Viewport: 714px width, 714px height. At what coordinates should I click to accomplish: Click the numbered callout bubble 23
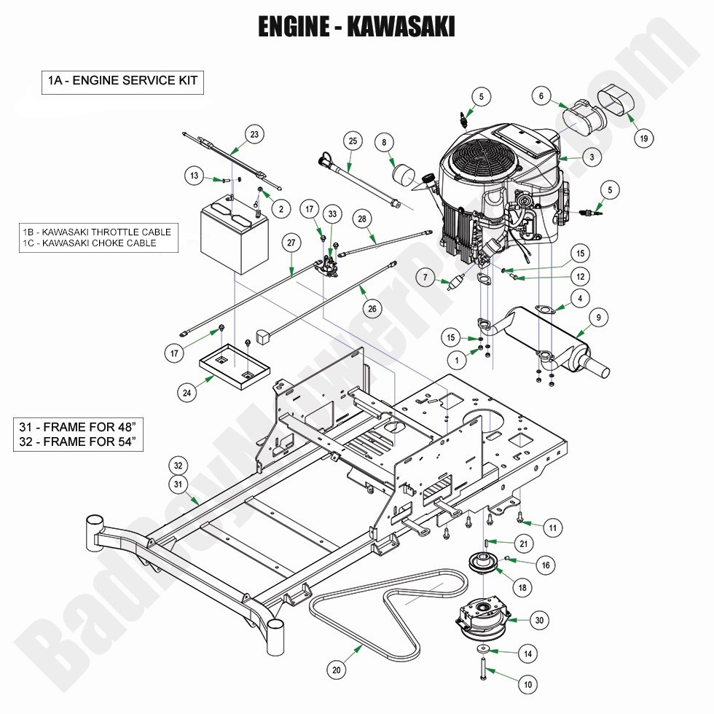tap(254, 134)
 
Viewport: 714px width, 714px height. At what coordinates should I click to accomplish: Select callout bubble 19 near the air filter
tap(643, 138)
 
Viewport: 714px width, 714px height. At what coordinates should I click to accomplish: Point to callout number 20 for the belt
tap(335, 670)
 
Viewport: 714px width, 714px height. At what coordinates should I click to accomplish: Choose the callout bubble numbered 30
tap(538, 620)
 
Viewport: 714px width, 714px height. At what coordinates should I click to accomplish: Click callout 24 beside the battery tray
tap(187, 392)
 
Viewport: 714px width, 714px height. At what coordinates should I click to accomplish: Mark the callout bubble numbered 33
tap(332, 215)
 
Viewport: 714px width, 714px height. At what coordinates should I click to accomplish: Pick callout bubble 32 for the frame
tap(177, 465)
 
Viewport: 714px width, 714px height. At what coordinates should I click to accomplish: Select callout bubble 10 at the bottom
tap(527, 685)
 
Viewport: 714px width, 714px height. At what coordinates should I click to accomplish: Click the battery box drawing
tap(230, 237)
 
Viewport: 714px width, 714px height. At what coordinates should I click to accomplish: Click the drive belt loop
tap(386, 605)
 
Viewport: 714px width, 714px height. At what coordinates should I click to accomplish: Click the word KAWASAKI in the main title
tap(401, 26)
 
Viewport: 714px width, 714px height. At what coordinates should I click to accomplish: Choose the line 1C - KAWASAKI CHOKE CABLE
tap(90, 243)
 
